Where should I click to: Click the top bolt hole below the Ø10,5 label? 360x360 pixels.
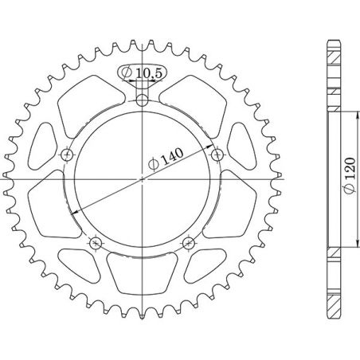[x=142, y=100]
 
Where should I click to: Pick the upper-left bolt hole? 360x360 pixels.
[x=67, y=154]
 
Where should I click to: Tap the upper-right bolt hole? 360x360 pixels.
[x=217, y=154]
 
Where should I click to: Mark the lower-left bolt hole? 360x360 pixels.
[x=96, y=242]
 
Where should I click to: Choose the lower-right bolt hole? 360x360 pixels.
[x=188, y=242]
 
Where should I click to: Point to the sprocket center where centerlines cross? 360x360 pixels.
[x=142, y=180]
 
